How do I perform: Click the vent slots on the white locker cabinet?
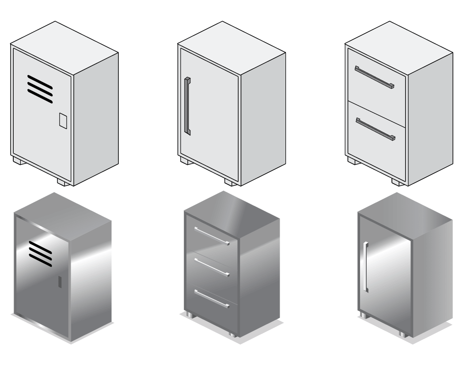(x=40, y=89)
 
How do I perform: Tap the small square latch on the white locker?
(x=63, y=120)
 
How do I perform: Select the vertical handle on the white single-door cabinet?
(x=188, y=106)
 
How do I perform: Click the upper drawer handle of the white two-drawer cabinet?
(x=374, y=77)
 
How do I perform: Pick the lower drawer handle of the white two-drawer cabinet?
(x=375, y=129)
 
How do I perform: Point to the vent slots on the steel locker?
(x=40, y=250)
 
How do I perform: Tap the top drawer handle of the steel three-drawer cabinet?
(x=213, y=236)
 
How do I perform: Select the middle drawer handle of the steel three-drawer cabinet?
(x=213, y=267)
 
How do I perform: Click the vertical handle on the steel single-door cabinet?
(x=365, y=267)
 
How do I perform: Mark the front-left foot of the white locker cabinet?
(x=18, y=160)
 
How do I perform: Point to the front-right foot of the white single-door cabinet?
(x=231, y=182)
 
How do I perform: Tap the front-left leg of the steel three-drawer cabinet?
(x=189, y=315)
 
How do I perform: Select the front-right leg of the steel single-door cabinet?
(x=402, y=334)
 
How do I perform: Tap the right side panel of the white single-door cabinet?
(x=262, y=119)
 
